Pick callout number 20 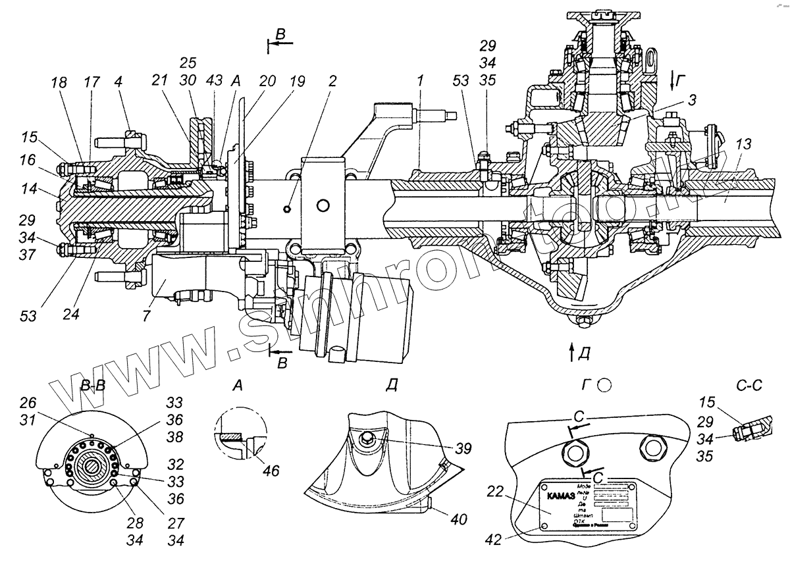click(x=268, y=81)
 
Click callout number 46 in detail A click(x=270, y=471)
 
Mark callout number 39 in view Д click(x=463, y=449)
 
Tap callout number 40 click(x=458, y=519)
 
